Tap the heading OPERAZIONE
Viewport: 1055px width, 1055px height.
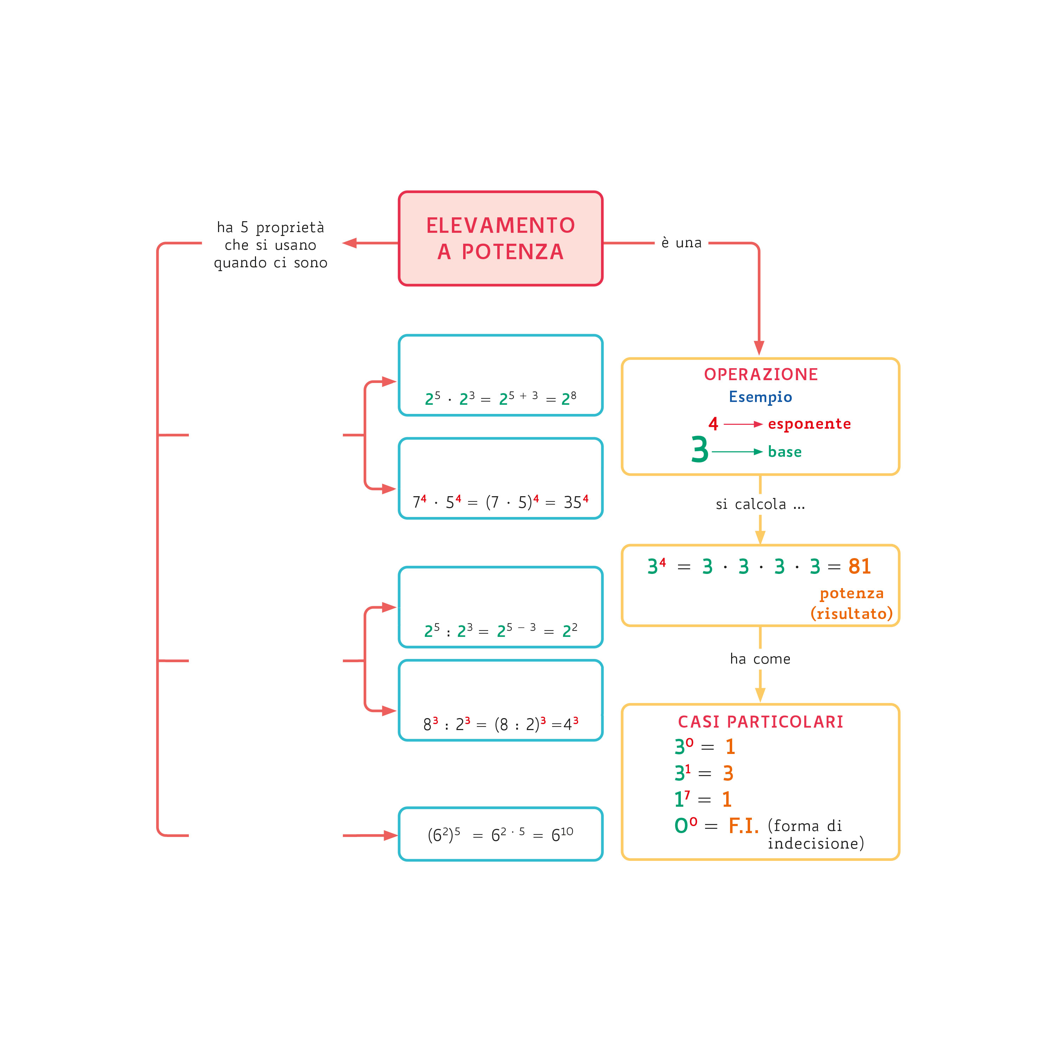pyautogui.click(x=761, y=375)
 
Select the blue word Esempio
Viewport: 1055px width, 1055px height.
pyautogui.click(x=760, y=397)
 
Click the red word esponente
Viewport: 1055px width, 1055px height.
pyautogui.click(x=809, y=424)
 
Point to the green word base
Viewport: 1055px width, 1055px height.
pyautogui.click(x=785, y=452)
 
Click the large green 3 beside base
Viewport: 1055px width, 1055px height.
pyautogui.click(x=699, y=450)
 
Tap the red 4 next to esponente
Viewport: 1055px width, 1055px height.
pyautogui.click(x=713, y=424)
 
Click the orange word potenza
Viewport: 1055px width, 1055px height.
pyautogui.click(x=851, y=594)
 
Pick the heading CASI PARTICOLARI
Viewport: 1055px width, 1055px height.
pyautogui.click(x=761, y=722)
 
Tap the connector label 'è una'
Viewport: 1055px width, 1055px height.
pyautogui.click(x=681, y=243)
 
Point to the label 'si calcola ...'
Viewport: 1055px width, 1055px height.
pyautogui.click(x=760, y=505)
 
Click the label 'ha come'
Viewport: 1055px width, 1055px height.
pyautogui.click(x=760, y=659)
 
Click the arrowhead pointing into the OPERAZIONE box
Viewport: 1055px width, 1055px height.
pyautogui.click(x=759, y=348)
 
